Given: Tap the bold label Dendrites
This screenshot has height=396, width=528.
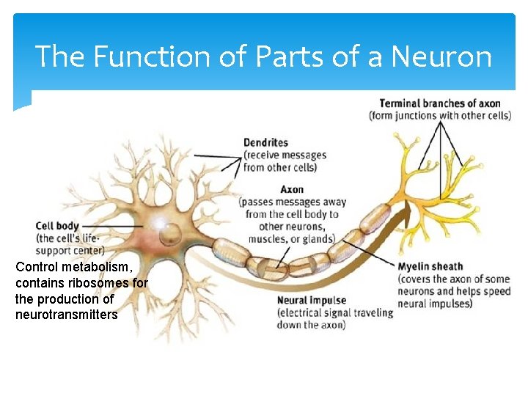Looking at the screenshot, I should point(266,142).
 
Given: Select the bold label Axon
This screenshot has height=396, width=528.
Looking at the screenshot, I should point(292,189).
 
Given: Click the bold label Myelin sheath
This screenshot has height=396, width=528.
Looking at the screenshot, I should point(430,266).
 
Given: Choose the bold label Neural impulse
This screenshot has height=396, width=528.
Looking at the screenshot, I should point(312,300).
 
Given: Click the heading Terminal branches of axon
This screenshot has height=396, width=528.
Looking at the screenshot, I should point(439,103).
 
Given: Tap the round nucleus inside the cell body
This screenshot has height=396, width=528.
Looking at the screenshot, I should point(170,234).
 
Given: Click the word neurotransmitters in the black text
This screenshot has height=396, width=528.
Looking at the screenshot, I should point(66,315).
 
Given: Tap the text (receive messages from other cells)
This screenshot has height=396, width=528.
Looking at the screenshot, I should point(284,161).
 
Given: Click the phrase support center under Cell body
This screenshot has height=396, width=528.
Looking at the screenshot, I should point(70,250).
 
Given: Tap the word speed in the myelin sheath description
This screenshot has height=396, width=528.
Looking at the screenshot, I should point(496,291).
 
